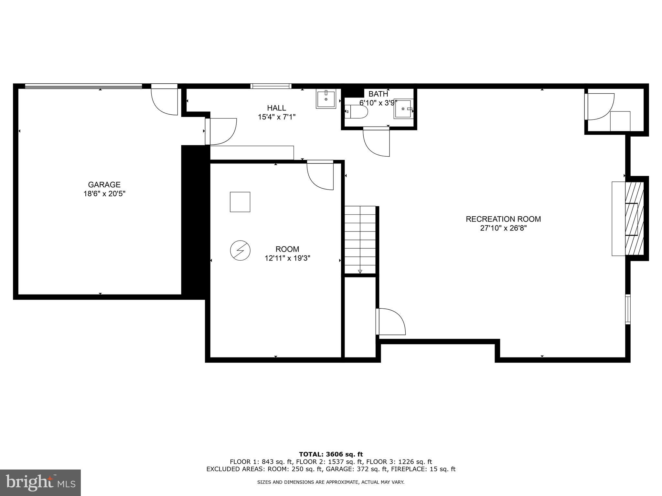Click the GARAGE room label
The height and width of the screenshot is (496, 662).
(104, 184)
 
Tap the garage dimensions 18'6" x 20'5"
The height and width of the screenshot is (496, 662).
(104, 194)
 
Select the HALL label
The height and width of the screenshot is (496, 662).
(276, 108)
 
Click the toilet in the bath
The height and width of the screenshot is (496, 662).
(357, 112)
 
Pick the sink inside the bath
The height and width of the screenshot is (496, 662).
(403, 109)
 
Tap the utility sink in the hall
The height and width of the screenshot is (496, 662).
(326, 99)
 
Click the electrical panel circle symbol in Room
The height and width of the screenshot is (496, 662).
(240, 250)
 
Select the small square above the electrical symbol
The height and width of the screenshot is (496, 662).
(240, 202)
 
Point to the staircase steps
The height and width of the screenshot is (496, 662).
(360, 239)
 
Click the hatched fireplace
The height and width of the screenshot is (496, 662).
(634, 219)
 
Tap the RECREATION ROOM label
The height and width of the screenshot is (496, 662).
(503, 219)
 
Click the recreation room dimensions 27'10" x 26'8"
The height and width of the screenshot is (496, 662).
(503, 228)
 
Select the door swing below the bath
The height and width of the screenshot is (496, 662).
(376, 142)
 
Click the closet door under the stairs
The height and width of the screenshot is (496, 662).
(391, 321)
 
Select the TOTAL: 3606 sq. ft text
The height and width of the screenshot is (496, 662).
(331, 454)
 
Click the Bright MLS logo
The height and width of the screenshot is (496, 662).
(40, 482)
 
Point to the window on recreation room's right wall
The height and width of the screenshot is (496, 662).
(627, 309)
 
